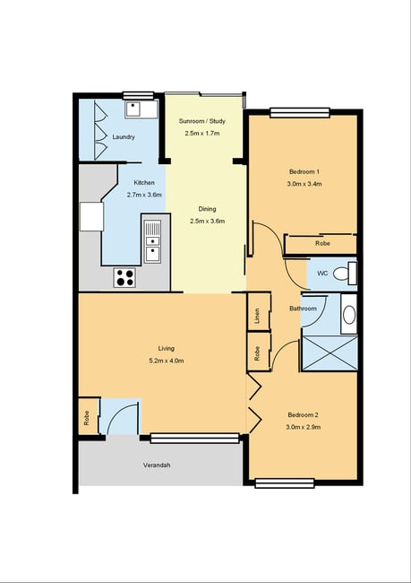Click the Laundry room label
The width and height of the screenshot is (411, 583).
(x=124, y=137)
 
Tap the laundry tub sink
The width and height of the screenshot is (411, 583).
(x=136, y=109)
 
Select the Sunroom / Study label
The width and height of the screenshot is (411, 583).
(x=202, y=121)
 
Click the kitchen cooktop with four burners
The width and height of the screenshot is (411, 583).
(x=125, y=278)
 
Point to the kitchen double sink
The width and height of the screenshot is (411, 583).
(x=152, y=241)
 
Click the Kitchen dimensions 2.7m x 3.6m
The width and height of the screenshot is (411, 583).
(x=144, y=195)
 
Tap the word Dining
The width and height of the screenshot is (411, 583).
(x=207, y=209)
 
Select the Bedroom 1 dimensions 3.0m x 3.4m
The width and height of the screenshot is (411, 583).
(x=304, y=184)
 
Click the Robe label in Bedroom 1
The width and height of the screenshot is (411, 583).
(x=322, y=244)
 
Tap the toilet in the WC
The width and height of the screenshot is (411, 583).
(x=344, y=274)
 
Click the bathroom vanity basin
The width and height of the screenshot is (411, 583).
(x=349, y=315)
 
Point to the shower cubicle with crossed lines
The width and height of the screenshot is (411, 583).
(x=330, y=353)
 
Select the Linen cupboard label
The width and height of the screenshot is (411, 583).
(x=257, y=316)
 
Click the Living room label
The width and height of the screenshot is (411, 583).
(x=166, y=348)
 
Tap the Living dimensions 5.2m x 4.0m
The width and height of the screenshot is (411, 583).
(x=166, y=361)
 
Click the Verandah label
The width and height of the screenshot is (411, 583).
(x=157, y=466)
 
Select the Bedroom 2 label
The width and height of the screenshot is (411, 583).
(x=304, y=415)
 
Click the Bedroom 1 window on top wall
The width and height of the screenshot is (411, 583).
(x=300, y=113)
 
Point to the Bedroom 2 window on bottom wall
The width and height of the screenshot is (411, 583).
(x=285, y=483)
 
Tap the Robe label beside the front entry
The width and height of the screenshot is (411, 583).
(x=87, y=418)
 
